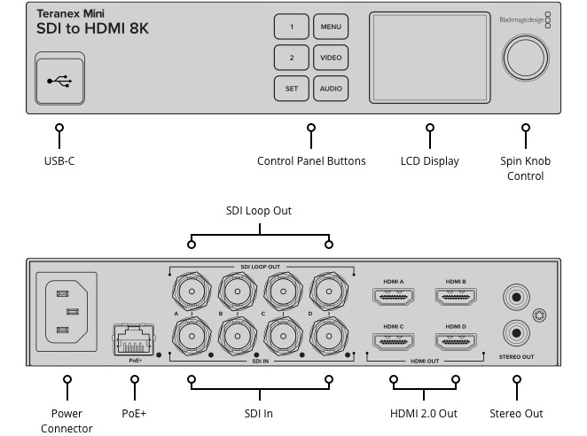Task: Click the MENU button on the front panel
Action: tap(331, 27)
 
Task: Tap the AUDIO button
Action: tap(331, 89)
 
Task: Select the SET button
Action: tap(291, 89)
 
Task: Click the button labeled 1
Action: tap(291, 27)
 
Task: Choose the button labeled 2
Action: tap(291, 58)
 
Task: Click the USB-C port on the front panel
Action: tap(60, 81)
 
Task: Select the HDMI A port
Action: tap(394, 299)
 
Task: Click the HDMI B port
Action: tap(457, 299)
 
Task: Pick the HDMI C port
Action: tap(394, 341)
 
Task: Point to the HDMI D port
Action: tap(457, 341)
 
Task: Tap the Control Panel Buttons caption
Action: tap(311, 161)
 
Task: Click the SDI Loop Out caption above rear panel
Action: tap(259, 211)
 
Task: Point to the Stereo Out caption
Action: tap(516, 413)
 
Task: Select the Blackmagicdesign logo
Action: tap(523, 18)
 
